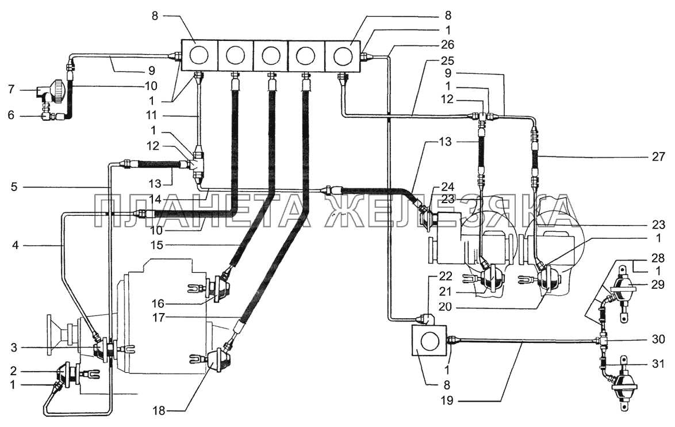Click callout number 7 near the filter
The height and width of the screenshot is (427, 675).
pyautogui.click(x=11, y=90)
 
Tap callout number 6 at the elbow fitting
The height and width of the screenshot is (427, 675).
pyautogui.click(x=11, y=115)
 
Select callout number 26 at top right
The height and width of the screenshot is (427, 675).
pyautogui.click(x=448, y=45)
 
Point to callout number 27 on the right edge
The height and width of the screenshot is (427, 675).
pyautogui.click(x=659, y=157)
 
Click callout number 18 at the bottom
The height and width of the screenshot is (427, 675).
pyautogui.click(x=159, y=411)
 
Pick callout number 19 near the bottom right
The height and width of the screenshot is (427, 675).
pyautogui.click(x=447, y=401)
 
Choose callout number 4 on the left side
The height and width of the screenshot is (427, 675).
pyautogui.click(x=16, y=246)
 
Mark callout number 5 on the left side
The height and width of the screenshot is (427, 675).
pyautogui.click(x=14, y=188)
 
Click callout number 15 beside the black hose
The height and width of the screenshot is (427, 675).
pyautogui.click(x=157, y=245)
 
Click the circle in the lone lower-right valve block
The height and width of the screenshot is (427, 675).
pyautogui.click(x=429, y=341)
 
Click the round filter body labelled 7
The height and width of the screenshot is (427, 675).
pyautogui.click(x=58, y=89)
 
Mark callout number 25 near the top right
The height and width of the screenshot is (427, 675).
pyautogui.click(x=448, y=60)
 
